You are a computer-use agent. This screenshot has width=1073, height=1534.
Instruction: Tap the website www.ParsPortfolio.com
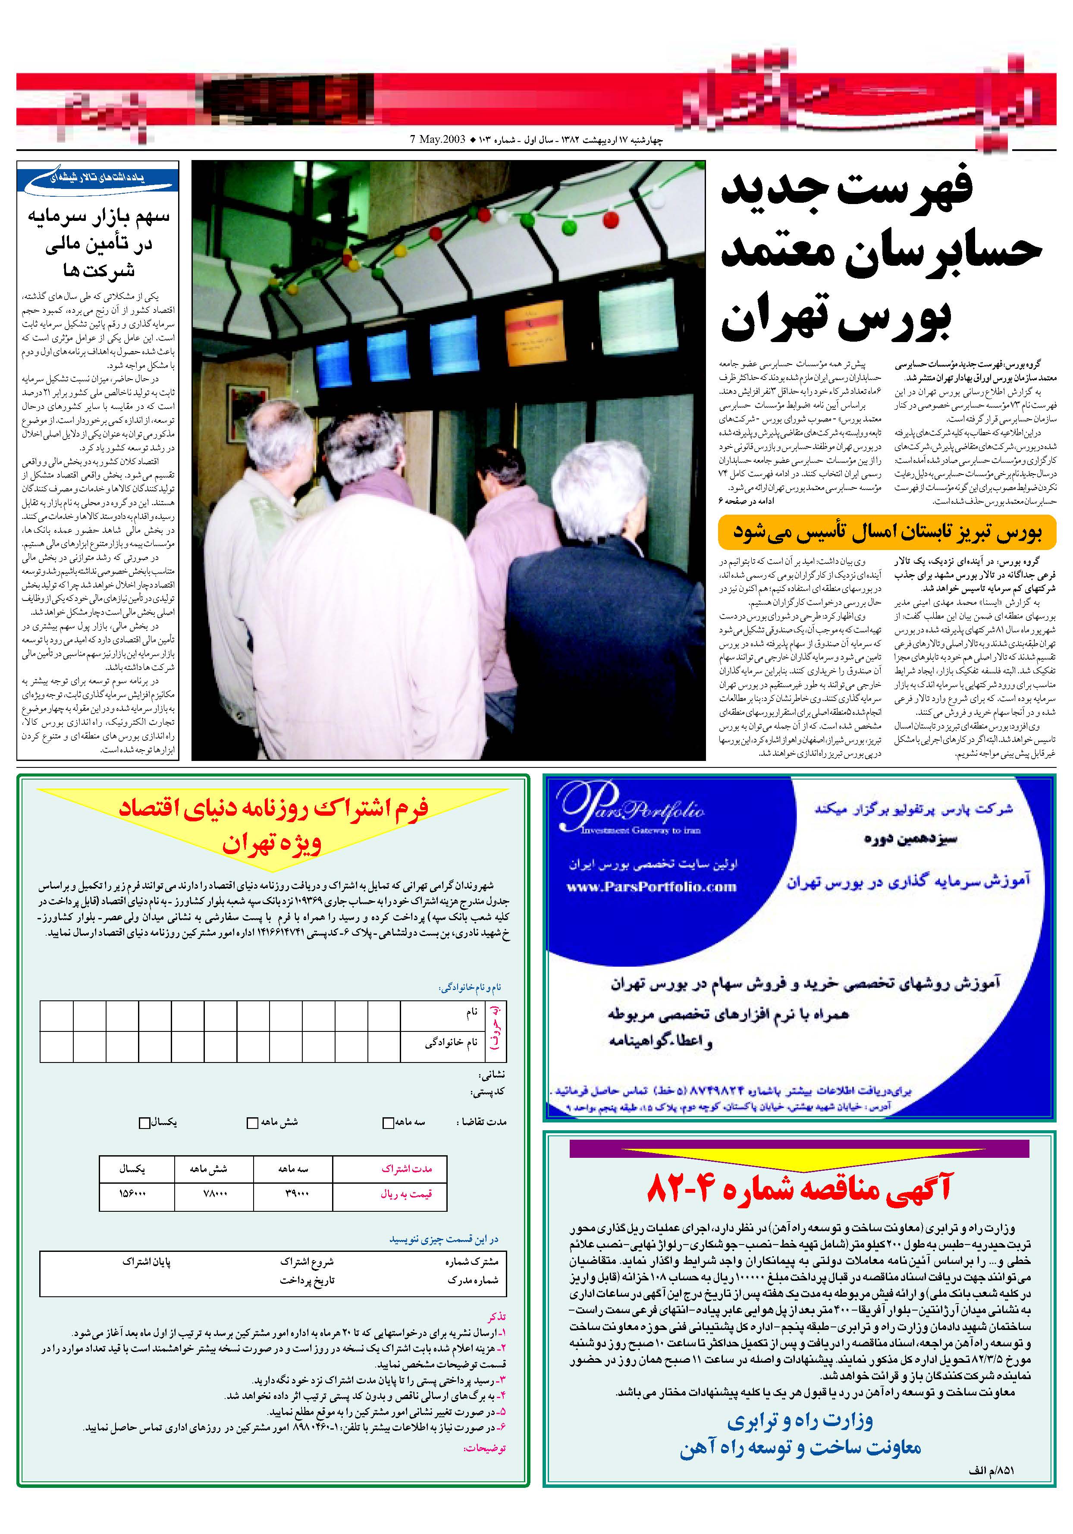[x=651, y=887]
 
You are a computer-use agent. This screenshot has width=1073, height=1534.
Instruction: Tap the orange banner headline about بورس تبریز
[x=887, y=532]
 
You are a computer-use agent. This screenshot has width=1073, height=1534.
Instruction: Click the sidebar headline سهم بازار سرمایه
[x=98, y=218]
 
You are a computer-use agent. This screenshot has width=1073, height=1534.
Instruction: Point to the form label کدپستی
[x=488, y=1092]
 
